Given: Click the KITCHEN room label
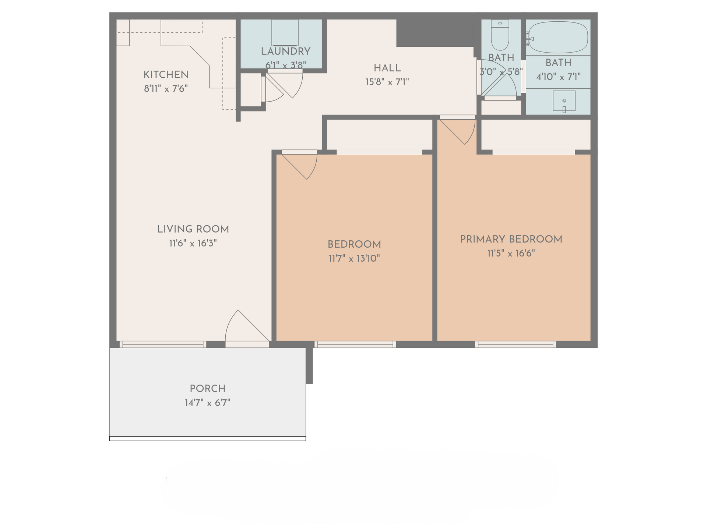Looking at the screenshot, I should tap(166, 75).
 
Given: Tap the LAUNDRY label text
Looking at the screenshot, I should tap(285, 52).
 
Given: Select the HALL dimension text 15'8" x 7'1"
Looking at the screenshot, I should tap(387, 82).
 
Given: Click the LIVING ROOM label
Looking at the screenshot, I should tap(193, 229).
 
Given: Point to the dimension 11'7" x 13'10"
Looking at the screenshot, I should tap(354, 258).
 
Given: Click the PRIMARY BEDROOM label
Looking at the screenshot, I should tap(511, 239).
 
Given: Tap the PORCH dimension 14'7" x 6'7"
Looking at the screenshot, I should tap(207, 403).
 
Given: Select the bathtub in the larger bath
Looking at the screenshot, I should tap(558, 37).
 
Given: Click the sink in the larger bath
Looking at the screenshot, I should tap(564, 101).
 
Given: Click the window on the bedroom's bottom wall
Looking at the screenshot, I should tap(355, 344).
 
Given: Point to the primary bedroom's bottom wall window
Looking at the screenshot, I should tap(516, 344).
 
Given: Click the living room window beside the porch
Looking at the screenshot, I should tap(163, 344).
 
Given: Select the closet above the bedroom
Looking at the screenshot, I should tap(379, 135).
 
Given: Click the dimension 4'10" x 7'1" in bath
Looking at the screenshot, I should tap(558, 77).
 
